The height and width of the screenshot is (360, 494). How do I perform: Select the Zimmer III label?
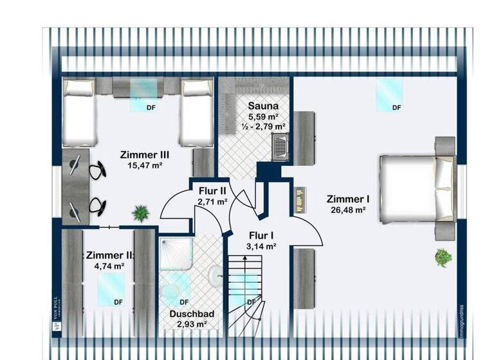tap(144, 154)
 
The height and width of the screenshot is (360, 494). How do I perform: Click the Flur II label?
tap(212, 190)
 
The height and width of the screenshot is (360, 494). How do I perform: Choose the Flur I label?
tap(261, 235)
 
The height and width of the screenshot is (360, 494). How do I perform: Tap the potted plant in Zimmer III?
tap(140, 212)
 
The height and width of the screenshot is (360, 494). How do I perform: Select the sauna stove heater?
tap(280, 145)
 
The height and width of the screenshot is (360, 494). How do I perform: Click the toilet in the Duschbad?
tap(214, 277)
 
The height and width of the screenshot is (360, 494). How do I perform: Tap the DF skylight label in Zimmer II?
tap(118, 301)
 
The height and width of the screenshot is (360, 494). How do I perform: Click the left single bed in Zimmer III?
tap(80, 112)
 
